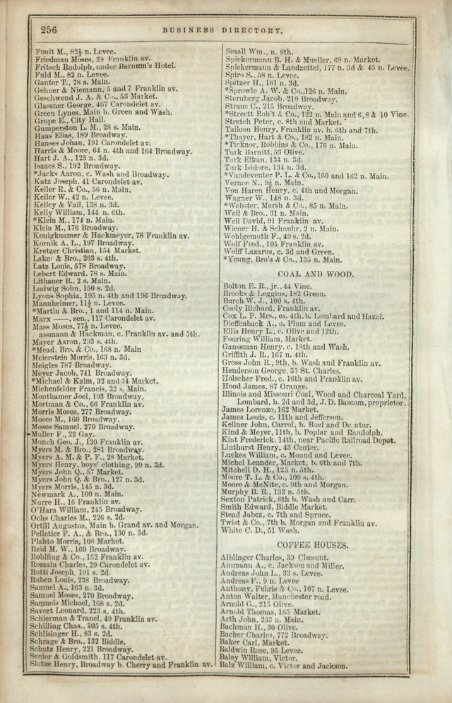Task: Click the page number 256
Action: (49, 29)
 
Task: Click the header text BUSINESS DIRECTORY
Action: (222, 31)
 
